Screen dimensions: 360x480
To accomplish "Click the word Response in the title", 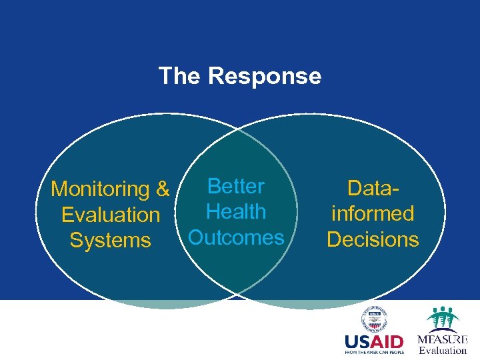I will click(x=265, y=76).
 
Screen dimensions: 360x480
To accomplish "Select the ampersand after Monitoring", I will click(x=163, y=189).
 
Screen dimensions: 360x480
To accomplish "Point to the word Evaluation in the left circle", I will click(x=111, y=215).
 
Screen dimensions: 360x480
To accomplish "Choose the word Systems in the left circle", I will click(x=111, y=240).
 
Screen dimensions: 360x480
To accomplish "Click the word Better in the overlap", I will click(x=236, y=187).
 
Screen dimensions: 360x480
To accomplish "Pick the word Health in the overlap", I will click(x=236, y=212).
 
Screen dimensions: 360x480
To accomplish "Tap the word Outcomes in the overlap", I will click(x=236, y=237).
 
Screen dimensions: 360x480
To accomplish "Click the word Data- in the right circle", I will click(x=373, y=188).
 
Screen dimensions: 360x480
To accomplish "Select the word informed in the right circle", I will click(x=373, y=213).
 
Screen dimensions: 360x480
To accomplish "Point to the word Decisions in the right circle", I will click(x=373, y=239).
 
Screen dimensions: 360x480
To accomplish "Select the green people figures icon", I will click(x=442, y=319).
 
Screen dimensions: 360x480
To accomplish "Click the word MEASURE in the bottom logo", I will click(x=443, y=339).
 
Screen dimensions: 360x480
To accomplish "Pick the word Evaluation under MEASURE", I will click(x=443, y=350).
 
